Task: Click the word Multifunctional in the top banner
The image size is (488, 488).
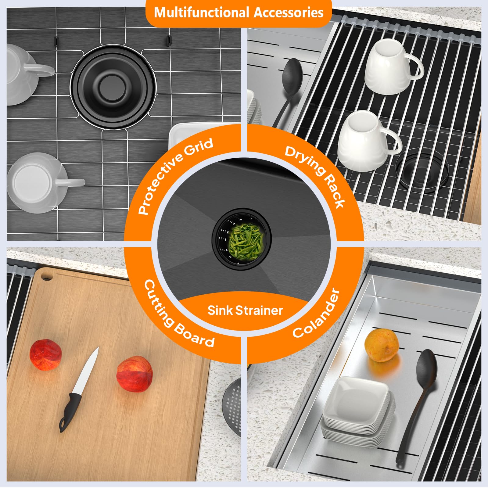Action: click(x=202, y=13)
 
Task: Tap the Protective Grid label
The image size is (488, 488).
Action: click(x=175, y=176)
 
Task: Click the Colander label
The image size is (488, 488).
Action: click(x=316, y=313)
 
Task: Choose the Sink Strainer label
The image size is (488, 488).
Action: click(x=245, y=310)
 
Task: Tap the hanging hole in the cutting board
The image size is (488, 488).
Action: click(x=46, y=277)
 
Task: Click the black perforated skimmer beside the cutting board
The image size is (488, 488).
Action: click(x=231, y=406)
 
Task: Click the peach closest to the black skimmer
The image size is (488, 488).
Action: click(x=135, y=374)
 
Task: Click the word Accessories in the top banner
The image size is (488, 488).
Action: click(x=289, y=13)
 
